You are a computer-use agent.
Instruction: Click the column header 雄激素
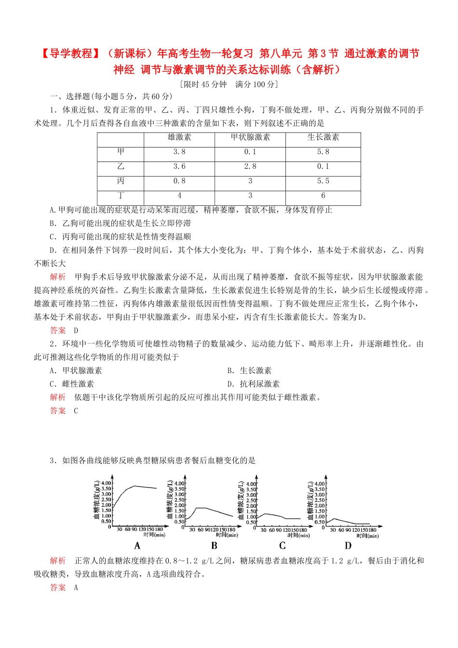point(179,137)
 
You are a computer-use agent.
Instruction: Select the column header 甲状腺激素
point(250,137)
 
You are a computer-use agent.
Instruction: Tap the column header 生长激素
point(323,137)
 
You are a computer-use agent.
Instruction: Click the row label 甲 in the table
point(121,152)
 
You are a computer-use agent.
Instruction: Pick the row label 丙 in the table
point(121,181)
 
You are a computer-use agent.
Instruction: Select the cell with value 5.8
point(323,152)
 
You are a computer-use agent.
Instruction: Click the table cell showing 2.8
point(250,166)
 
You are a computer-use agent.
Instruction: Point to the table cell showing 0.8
point(179,181)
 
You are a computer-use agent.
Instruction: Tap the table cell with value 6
point(323,195)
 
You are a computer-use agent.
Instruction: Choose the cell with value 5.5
point(323,181)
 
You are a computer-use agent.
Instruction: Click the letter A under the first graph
point(137,546)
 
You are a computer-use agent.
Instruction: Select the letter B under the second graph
point(214,546)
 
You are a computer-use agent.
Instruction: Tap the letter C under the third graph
point(283,546)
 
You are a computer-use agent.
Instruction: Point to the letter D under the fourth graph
point(348,546)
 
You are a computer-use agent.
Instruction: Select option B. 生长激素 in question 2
point(249,370)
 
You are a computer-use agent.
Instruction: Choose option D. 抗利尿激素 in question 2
point(253,384)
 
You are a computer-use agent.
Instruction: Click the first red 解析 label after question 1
point(58,277)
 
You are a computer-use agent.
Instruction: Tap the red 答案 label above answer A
point(58,587)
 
